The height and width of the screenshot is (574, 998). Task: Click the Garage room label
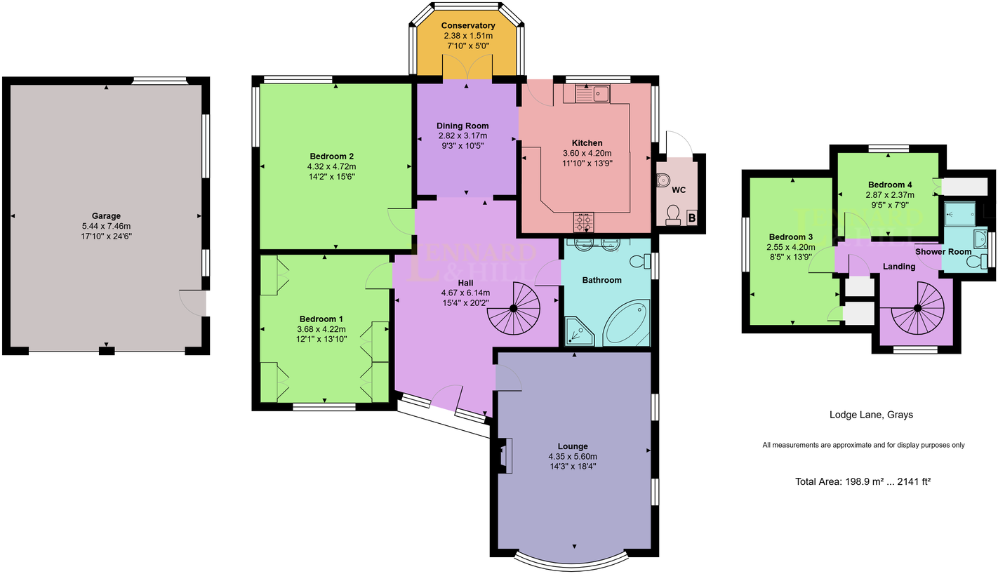(106, 216)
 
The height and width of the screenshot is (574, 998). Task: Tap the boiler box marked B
(691, 218)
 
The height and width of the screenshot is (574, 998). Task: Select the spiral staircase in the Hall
(514, 309)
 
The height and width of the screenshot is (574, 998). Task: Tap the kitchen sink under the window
(594, 93)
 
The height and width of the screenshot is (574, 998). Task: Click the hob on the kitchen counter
(583, 222)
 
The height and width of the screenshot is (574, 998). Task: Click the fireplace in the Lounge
(505, 455)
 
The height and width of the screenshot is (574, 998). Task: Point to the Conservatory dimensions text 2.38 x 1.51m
(468, 36)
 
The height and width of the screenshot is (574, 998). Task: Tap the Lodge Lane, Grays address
(871, 415)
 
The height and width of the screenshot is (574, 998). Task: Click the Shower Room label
(943, 251)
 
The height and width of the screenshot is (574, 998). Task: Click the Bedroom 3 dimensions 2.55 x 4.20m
(792, 246)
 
